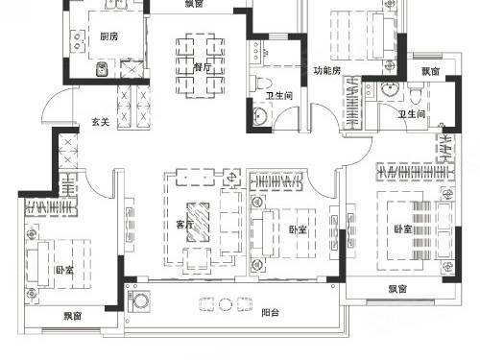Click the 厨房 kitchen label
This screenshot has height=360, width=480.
pyautogui.click(x=109, y=36)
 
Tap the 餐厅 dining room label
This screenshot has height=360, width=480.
pyautogui.click(x=203, y=67)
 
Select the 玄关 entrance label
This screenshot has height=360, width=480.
pyautogui.click(x=101, y=122)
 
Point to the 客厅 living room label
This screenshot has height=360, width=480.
pyautogui.click(x=184, y=225)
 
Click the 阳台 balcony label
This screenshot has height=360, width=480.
pyautogui.click(x=271, y=312)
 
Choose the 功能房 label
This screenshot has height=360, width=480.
pyautogui.click(x=326, y=70)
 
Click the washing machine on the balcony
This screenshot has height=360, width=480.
pyautogui.click(x=139, y=301)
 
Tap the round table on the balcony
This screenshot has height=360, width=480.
pyautogui.click(x=226, y=304)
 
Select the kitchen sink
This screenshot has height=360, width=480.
pyautogui.click(x=103, y=69)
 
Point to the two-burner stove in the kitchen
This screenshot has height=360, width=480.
pyautogui.click(x=78, y=40)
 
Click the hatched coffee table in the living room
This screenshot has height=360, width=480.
pyautogui.click(x=198, y=223)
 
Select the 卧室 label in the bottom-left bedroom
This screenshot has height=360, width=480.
pyautogui.click(x=65, y=271)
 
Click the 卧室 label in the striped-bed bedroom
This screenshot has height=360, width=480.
pyautogui.click(x=403, y=229)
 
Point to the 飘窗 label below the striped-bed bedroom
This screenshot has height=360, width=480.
pyautogui.click(x=397, y=289)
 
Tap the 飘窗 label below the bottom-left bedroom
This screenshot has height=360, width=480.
pyautogui.click(x=73, y=316)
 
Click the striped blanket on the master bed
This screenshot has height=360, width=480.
pyautogui.click(x=421, y=230)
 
